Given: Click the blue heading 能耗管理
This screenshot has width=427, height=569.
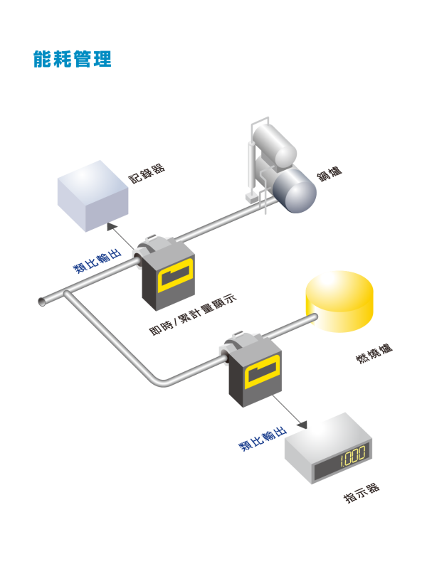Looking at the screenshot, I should (73, 59).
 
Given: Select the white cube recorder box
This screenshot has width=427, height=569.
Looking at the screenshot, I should (92, 195).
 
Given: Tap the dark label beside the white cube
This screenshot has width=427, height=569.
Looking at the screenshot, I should (147, 171).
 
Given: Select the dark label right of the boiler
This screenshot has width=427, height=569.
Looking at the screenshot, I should (329, 173).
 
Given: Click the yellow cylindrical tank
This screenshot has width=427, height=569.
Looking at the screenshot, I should (339, 301).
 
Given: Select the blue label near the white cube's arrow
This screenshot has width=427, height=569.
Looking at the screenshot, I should (97, 261).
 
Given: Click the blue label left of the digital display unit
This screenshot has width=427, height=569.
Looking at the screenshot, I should (262, 440).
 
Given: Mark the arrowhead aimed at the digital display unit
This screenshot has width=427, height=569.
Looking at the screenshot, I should (302, 424).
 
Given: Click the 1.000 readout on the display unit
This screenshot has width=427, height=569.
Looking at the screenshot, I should (352, 454).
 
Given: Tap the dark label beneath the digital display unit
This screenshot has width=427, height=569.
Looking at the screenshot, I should (362, 493).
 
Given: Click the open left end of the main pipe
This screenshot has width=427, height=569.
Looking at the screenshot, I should (42, 302).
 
